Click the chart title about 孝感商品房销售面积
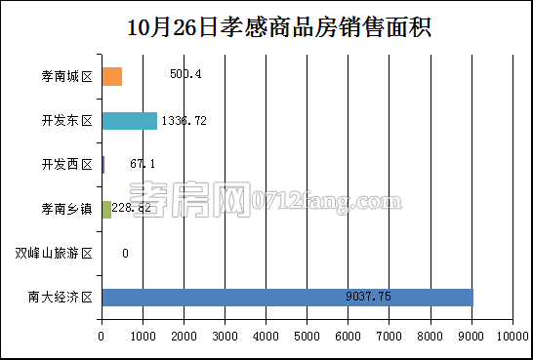coord(266,27)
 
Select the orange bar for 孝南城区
coord(111,76)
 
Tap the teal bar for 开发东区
coord(129,121)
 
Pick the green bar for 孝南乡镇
coord(106,209)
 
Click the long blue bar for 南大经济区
coord(287,297)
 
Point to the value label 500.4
coord(185,74)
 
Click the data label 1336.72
coord(184,121)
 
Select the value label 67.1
coord(143,164)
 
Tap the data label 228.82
coord(132,209)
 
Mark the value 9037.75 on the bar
coord(369,297)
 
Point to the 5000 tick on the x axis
coord(307,337)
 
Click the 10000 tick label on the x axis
coord(512,337)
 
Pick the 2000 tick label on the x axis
coord(184,337)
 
